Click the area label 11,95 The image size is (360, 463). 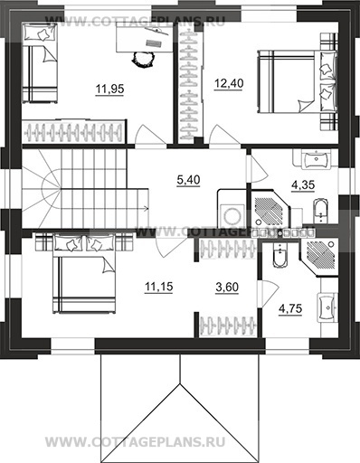109,90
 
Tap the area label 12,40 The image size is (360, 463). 229,83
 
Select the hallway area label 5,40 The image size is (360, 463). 188,180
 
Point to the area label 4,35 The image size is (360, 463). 303,184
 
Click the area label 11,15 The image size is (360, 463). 159,287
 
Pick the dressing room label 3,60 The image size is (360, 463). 227,287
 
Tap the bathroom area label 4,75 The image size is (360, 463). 290,309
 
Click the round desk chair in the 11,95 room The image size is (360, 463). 143,59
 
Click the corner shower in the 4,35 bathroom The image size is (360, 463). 270,209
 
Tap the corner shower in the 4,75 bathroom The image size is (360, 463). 319,257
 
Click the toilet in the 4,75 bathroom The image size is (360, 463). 280,255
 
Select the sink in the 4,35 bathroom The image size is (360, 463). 316,159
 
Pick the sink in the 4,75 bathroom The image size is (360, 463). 327,307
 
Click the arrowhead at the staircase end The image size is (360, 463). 147,208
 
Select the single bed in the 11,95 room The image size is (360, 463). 40,64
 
